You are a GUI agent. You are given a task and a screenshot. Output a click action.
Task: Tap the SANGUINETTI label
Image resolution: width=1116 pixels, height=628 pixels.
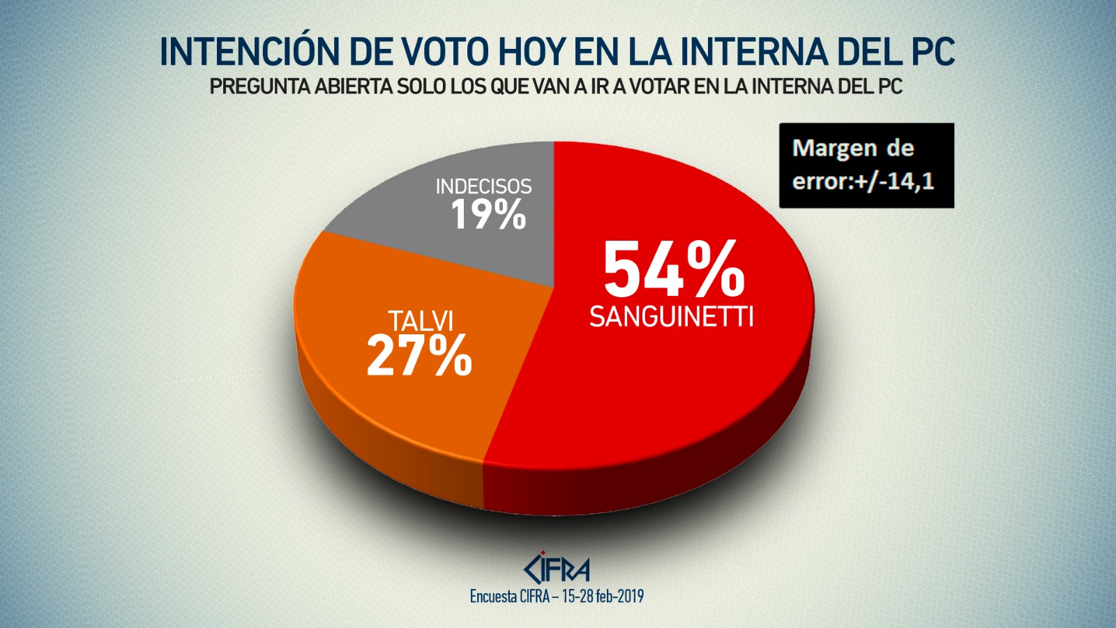tap(671, 317)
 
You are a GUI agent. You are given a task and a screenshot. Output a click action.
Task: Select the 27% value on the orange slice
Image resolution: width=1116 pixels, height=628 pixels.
tap(419, 356)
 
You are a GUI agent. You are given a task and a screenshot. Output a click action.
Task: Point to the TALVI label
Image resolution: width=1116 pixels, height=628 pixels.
tap(421, 321)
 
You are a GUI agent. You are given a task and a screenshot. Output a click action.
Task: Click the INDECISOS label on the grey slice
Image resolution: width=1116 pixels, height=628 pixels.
tap(483, 186)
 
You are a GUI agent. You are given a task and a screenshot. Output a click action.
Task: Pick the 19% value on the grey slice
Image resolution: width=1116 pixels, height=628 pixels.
tap(488, 214)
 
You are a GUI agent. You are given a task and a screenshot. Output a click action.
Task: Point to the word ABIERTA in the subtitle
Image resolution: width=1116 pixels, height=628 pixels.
tap(354, 87)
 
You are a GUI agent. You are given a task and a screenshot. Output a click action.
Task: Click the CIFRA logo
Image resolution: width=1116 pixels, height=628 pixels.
tap(557, 569)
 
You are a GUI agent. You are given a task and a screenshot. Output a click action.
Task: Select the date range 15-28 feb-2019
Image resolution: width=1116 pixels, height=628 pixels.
tap(603, 597)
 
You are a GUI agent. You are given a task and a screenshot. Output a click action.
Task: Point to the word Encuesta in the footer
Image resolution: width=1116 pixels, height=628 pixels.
tap(493, 597)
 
